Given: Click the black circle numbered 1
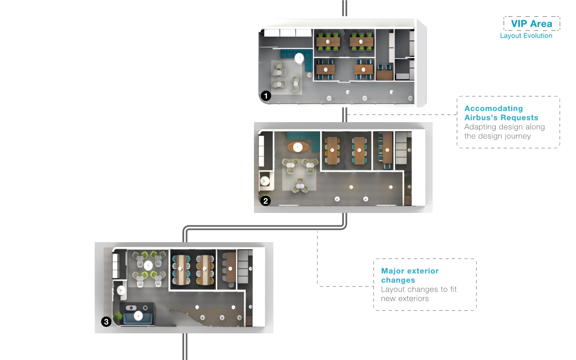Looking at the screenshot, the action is click(x=266, y=96).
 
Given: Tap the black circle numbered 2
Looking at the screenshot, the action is click(x=265, y=201).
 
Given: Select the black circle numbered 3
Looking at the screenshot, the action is click(x=106, y=322).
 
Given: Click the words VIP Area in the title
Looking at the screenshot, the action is click(x=532, y=24).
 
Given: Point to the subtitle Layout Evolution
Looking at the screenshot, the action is click(x=526, y=36).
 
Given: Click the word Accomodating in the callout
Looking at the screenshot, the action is click(x=494, y=108).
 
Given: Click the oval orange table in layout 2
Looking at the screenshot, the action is click(x=298, y=147).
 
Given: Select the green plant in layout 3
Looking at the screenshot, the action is click(x=118, y=315).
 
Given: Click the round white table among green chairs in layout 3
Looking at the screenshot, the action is click(x=148, y=265).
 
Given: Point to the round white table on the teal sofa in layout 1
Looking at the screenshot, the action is click(x=299, y=58).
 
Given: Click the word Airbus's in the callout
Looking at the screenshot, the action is click(x=481, y=117).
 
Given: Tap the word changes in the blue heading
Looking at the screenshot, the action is click(x=398, y=280).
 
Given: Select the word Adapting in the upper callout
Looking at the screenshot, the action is click(x=480, y=127).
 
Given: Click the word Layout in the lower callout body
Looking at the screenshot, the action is click(x=393, y=289).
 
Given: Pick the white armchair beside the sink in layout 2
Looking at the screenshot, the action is click(x=265, y=181).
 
